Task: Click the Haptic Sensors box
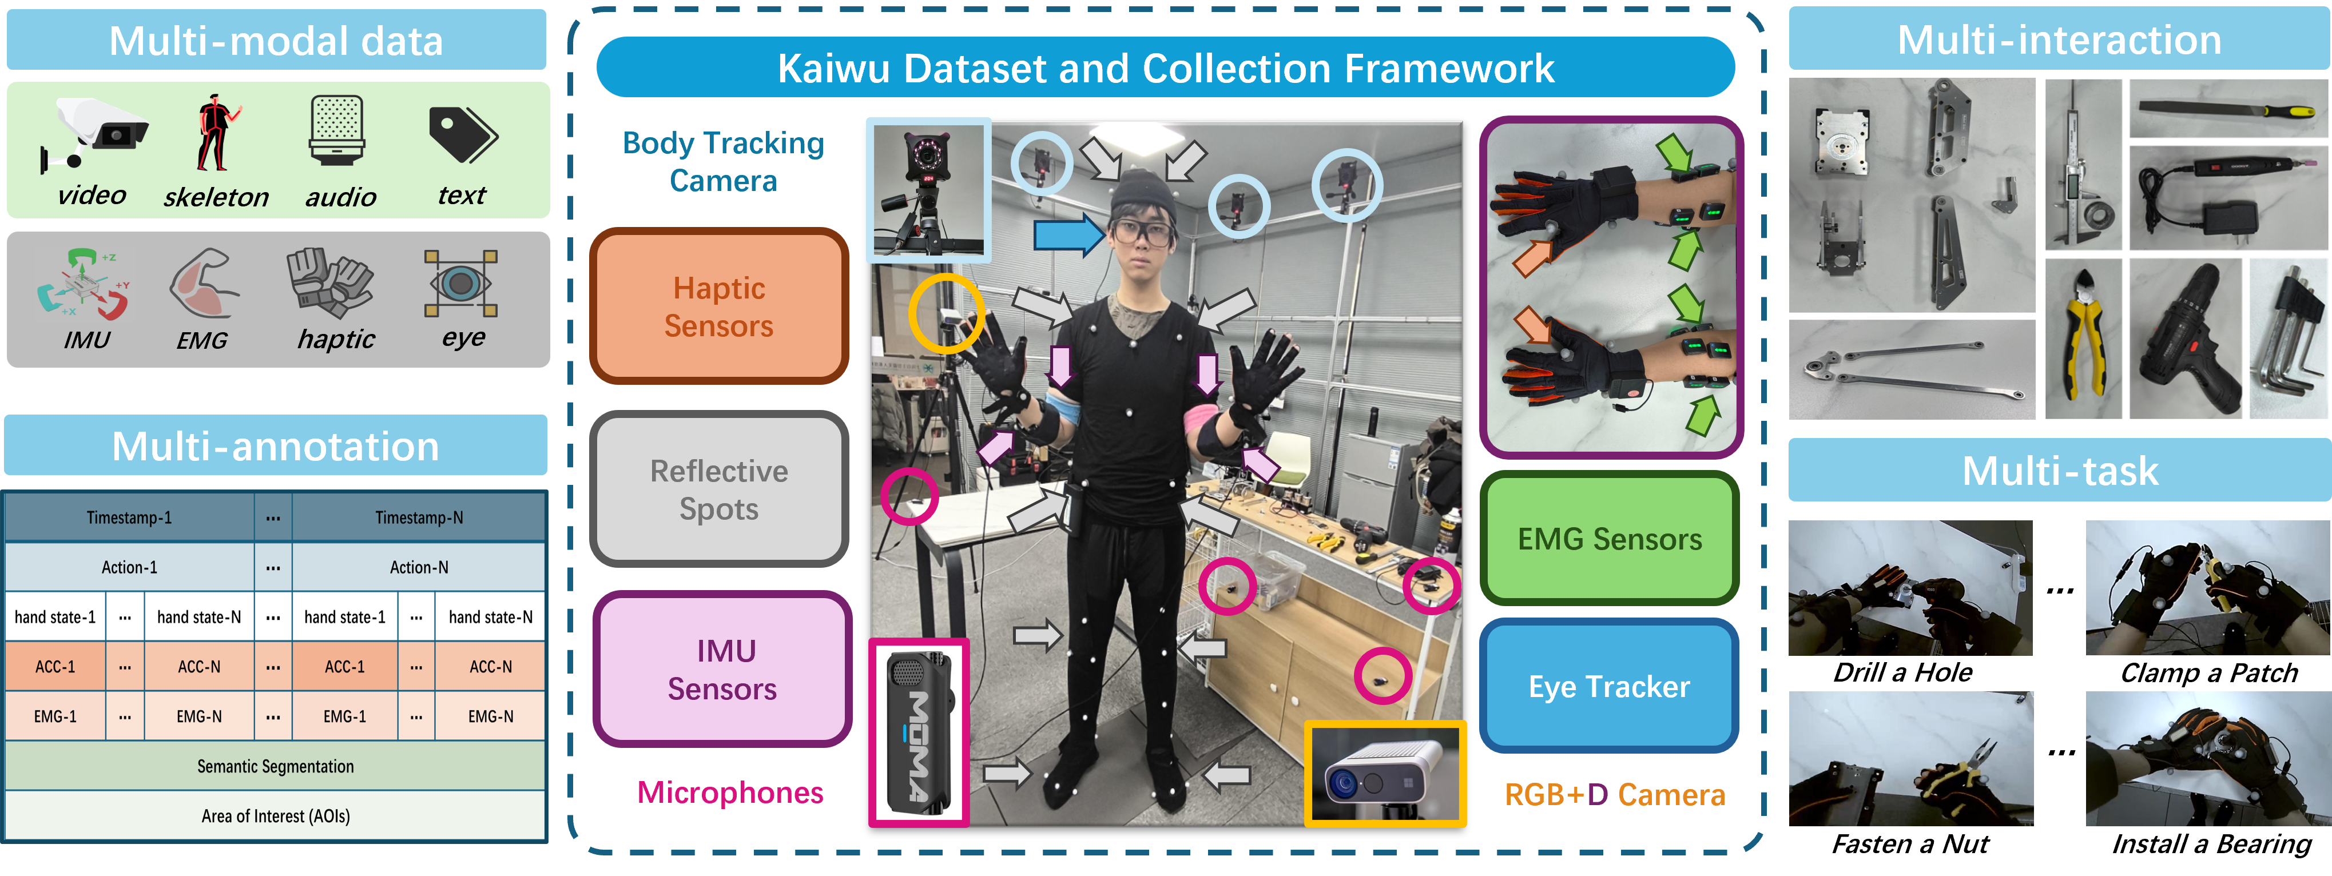[x=719, y=306]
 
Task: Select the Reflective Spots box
[x=719, y=489]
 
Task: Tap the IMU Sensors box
[x=721, y=669]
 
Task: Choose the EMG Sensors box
[x=1608, y=539]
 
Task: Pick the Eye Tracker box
[x=1608, y=686]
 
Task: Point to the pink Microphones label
[x=730, y=792]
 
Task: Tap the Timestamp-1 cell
[x=129, y=517]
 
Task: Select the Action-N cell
[x=418, y=567]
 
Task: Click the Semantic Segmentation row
[x=275, y=766]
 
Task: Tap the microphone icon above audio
[x=337, y=131]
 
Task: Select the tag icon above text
[x=462, y=134]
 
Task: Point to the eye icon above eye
[x=461, y=283]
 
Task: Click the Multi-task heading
[x=2060, y=471]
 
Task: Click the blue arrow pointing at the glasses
[x=1068, y=235]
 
